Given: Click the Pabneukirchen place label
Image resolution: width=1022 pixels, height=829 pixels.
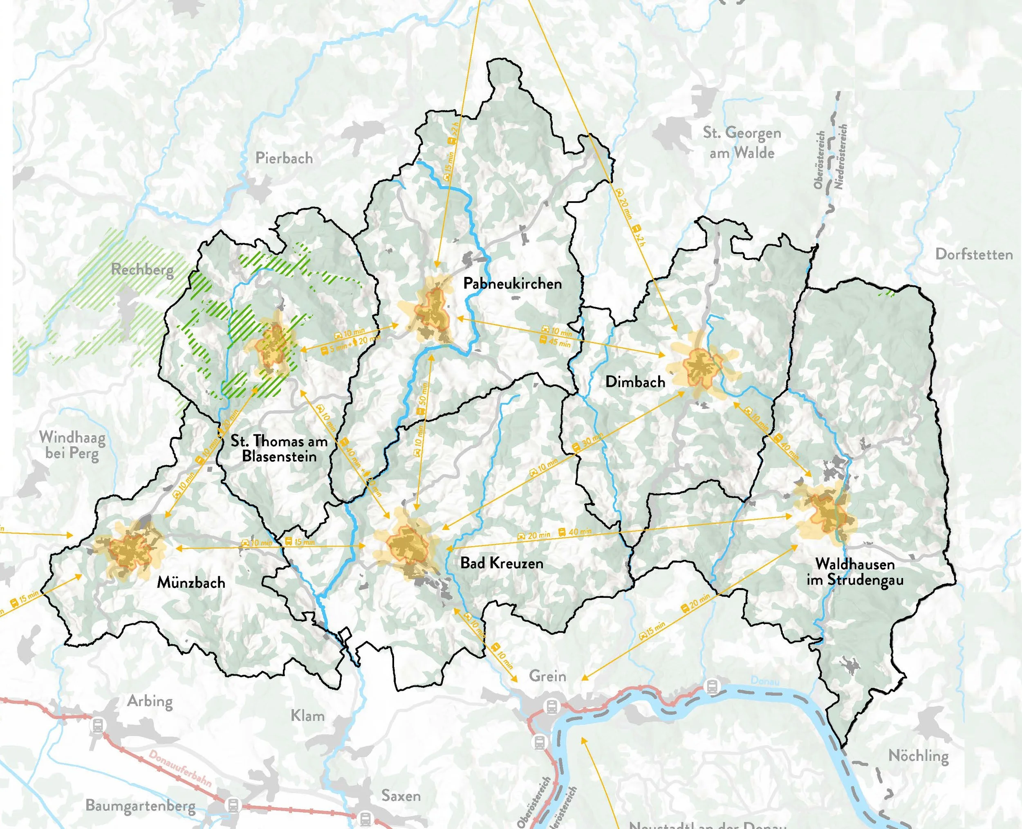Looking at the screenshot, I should pyautogui.click(x=512, y=284).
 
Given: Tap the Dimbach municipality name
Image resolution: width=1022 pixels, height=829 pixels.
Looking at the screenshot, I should pyautogui.click(x=635, y=382).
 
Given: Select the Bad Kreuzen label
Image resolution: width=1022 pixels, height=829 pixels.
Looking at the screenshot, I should pyautogui.click(x=501, y=563).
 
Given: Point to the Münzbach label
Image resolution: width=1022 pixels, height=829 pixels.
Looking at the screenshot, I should pyautogui.click(x=191, y=583).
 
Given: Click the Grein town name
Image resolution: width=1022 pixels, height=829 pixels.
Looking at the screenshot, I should pyautogui.click(x=547, y=676).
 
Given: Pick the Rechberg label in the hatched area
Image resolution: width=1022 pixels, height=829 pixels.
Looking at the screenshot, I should pyautogui.click(x=142, y=270).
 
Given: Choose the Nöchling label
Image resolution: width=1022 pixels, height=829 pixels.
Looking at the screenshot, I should pyautogui.click(x=918, y=756).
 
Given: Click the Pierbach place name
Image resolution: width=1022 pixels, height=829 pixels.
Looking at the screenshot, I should pyautogui.click(x=284, y=158).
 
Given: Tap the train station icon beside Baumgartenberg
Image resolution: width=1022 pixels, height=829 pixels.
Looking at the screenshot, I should pyautogui.click(x=233, y=804).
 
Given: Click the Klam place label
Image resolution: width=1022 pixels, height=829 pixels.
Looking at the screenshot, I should pyautogui.click(x=307, y=716).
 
